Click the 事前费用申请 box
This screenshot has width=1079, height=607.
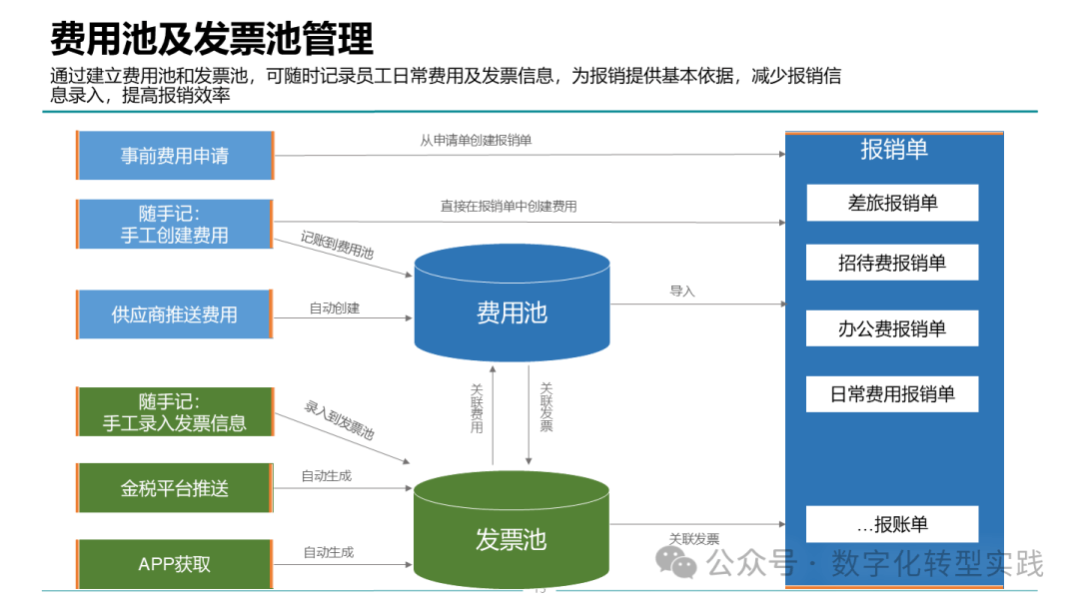click(x=175, y=156)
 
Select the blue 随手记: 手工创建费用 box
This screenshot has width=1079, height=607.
click(x=175, y=224)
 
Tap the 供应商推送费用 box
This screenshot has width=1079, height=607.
click(x=175, y=314)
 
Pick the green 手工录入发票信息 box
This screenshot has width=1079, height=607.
click(x=175, y=411)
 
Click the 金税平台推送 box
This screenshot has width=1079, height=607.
click(x=175, y=488)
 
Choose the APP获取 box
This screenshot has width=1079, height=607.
click(x=175, y=564)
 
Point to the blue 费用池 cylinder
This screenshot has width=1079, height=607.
click(x=512, y=303)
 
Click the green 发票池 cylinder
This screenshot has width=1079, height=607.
click(x=512, y=529)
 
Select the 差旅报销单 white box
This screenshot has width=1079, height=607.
click(x=892, y=203)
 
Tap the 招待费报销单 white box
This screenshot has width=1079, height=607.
click(x=892, y=263)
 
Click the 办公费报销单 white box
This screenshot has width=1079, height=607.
click(x=892, y=328)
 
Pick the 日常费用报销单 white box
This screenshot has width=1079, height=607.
click(x=892, y=394)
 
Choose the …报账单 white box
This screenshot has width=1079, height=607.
click(x=892, y=524)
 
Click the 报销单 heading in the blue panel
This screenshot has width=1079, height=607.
click(x=894, y=149)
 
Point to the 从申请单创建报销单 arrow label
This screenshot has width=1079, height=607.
click(x=477, y=140)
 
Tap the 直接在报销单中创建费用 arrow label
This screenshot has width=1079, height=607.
click(x=509, y=207)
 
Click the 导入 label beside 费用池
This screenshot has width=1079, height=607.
click(x=682, y=291)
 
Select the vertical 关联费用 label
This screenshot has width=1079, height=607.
click(x=477, y=408)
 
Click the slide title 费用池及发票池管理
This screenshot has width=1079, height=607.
click(x=212, y=39)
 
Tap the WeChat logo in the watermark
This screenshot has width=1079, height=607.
click(x=675, y=562)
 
